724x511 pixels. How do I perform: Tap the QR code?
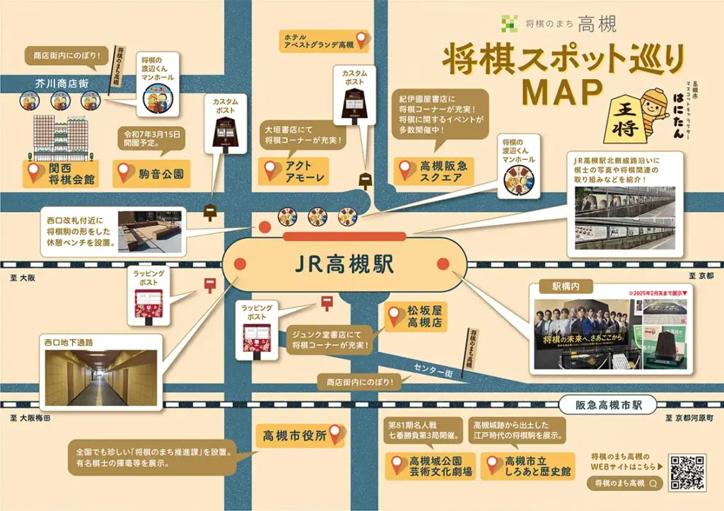(687, 472)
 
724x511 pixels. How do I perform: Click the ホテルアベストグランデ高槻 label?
(319, 40)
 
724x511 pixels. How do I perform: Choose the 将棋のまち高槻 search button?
(626, 483)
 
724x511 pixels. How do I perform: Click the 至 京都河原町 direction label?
(689, 418)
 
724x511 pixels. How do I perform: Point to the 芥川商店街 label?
(62, 83)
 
